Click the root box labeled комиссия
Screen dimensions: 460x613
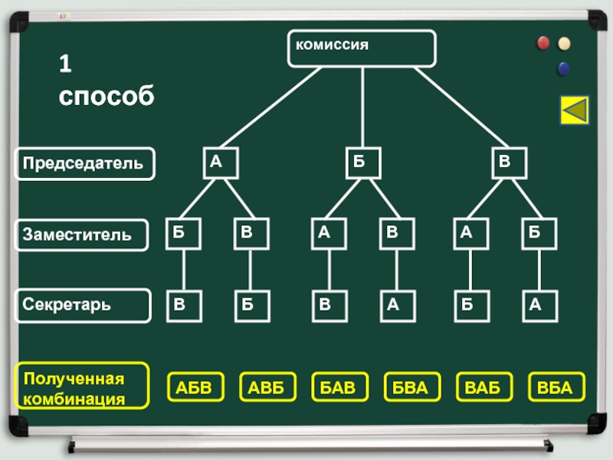pyautogui.click(x=362, y=48)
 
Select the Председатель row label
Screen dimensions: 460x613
pyautogui.click(x=84, y=163)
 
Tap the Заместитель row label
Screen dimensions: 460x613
pyautogui.click(x=84, y=235)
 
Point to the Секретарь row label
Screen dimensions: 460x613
pyautogui.click(x=84, y=305)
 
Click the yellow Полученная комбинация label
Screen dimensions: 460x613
pyautogui.click(x=84, y=387)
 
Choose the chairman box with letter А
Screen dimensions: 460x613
pyautogui.click(x=220, y=163)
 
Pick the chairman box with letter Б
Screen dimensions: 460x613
pyautogui.click(x=362, y=163)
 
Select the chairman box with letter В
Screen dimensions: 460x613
pyautogui.click(x=509, y=163)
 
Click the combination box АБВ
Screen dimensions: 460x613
pyautogui.click(x=194, y=387)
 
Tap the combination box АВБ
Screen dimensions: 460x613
pyautogui.click(x=266, y=387)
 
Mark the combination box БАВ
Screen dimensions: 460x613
pyautogui.click(x=338, y=387)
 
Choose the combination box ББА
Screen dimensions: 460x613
pyautogui.click(x=410, y=387)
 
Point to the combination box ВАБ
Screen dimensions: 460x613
pyautogui.click(x=483, y=387)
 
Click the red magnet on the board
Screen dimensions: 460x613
pyautogui.click(x=544, y=43)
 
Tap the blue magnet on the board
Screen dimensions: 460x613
pyautogui.click(x=564, y=69)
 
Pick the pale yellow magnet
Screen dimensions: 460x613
pyautogui.click(x=565, y=43)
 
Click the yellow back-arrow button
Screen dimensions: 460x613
pyautogui.click(x=575, y=110)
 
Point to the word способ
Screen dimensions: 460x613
pyautogui.click(x=105, y=97)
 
